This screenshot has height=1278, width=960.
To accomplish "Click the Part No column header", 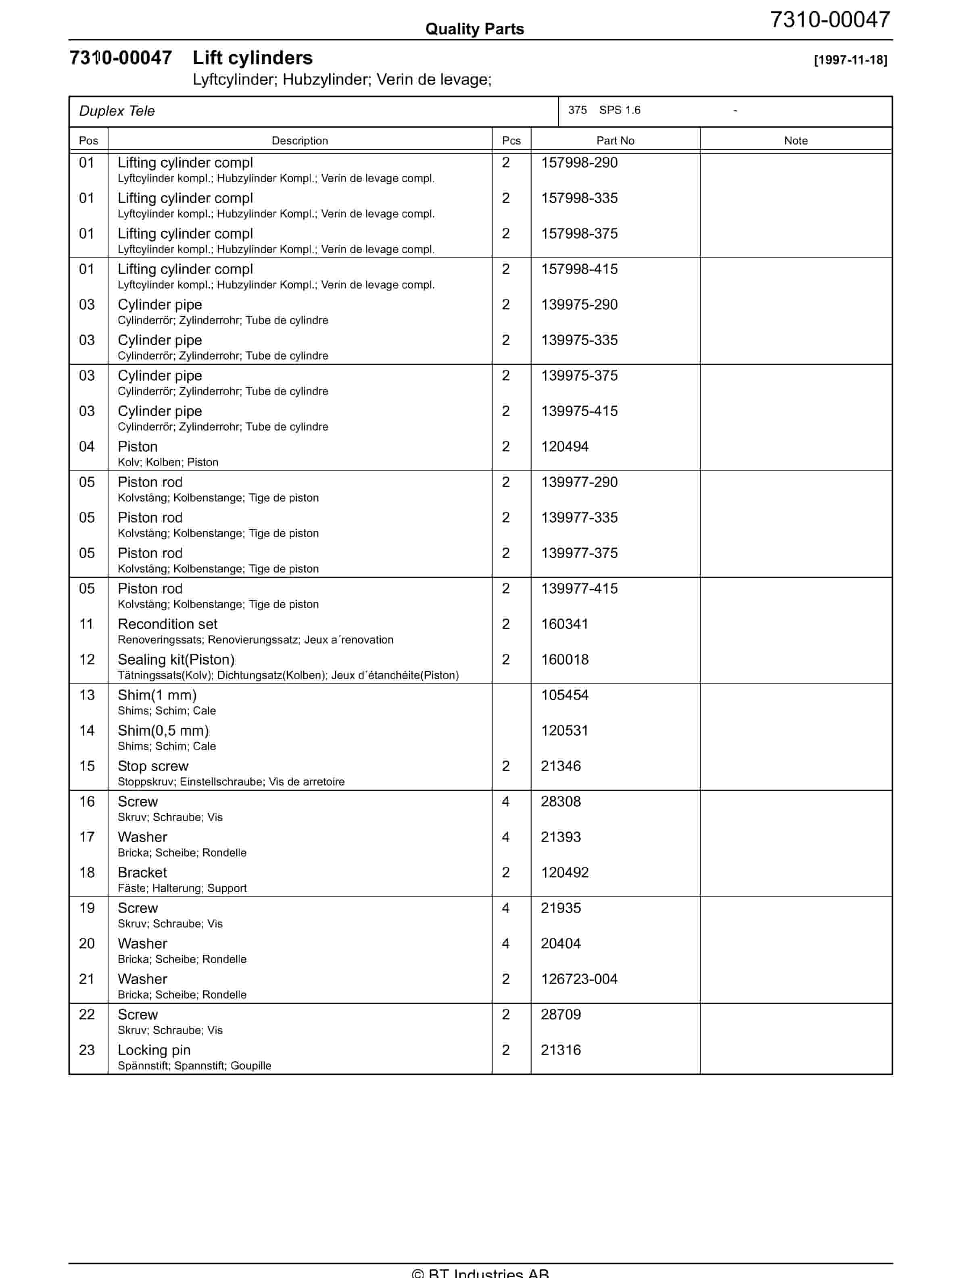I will (615, 140).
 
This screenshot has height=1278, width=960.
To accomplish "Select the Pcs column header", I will (511, 140).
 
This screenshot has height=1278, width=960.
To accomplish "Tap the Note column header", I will (795, 140).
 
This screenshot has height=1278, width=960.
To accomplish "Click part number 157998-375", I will (579, 234).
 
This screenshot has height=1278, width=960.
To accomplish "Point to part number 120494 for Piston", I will (564, 447).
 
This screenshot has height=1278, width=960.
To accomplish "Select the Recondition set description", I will (167, 624).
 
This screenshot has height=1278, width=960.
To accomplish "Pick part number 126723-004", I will (579, 979).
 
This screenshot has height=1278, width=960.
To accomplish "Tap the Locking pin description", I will (154, 1050).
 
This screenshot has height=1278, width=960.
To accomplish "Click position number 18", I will (87, 873).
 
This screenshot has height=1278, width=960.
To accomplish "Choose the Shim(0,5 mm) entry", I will (163, 731).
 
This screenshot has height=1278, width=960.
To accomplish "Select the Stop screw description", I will (153, 766).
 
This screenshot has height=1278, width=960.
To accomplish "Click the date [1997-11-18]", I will (850, 60).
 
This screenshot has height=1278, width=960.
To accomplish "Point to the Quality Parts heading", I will (474, 29).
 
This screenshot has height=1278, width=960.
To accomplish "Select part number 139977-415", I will (579, 589).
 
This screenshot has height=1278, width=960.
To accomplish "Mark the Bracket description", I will (142, 873).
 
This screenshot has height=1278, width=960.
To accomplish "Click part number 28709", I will (560, 1015).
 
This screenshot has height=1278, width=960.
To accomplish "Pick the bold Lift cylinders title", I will (253, 58).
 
